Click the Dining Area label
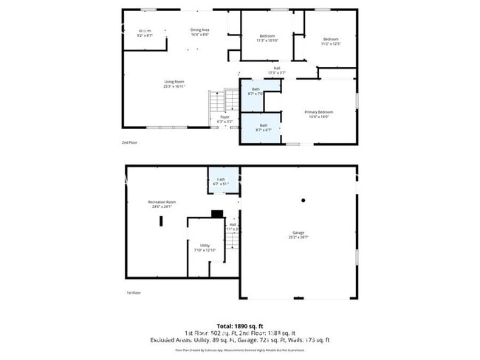click(x=199, y=32)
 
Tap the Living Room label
click(x=174, y=84)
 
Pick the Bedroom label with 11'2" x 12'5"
click(x=330, y=41)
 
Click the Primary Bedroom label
click(x=320, y=114)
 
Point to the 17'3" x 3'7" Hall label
click(x=276, y=71)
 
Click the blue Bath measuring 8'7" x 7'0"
click(x=256, y=91)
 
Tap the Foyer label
click(x=224, y=120)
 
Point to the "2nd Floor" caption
click(x=129, y=142)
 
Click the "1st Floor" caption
click(x=133, y=293)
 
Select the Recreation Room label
click(x=162, y=204)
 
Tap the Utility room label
click(x=205, y=247)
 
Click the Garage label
click(x=298, y=235)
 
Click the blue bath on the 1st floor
click(x=220, y=181)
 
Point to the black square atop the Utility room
click(x=216, y=215)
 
